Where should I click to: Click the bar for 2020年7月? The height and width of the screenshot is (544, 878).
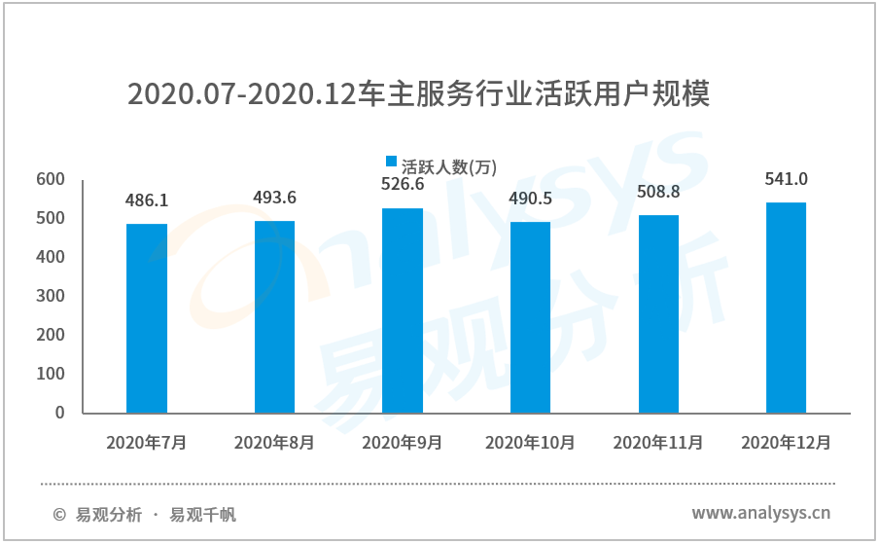[147, 318]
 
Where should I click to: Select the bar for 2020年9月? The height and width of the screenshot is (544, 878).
[403, 310]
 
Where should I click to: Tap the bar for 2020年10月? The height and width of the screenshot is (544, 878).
[530, 317]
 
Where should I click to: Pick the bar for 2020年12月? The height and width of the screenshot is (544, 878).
[786, 308]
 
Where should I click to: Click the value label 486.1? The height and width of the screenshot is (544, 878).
[147, 201]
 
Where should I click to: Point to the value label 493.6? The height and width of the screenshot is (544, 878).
[275, 198]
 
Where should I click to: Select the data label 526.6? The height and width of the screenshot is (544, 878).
[403, 185]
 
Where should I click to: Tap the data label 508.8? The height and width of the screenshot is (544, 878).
[658, 192]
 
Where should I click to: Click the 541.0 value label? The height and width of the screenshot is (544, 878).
[787, 179]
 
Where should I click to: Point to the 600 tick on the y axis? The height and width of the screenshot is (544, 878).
[51, 179]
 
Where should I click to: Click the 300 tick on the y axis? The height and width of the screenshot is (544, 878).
[51, 296]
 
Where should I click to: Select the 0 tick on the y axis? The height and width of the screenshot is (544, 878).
[59, 413]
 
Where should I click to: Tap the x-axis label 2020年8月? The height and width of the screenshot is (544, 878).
[274, 442]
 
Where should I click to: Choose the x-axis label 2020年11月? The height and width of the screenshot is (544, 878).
[658, 442]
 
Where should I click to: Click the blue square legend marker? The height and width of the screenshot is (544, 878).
[391, 163]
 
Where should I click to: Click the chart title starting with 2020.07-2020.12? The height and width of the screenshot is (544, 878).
[419, 94]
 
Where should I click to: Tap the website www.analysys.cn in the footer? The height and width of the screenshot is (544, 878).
[761, 513]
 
